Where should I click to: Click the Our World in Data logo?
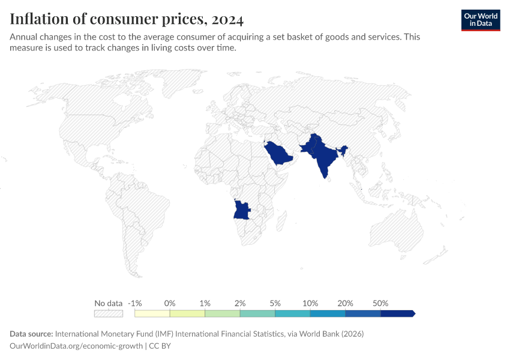[x=480, y=20]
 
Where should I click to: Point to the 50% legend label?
[x=380, y=303]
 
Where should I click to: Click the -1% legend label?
[x=135, y=303]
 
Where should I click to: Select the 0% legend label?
[x=170, y=303]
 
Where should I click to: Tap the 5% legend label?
[x=275, y=303]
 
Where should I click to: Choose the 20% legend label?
[x=346, y=303]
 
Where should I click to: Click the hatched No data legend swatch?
[x=109, y=313]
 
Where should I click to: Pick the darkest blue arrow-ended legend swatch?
[x=397, y=313]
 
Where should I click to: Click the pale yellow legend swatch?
[x=152, y=313]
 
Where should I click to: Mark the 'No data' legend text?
[x=109, y=303]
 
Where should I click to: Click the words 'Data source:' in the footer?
[x=31, y=334]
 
